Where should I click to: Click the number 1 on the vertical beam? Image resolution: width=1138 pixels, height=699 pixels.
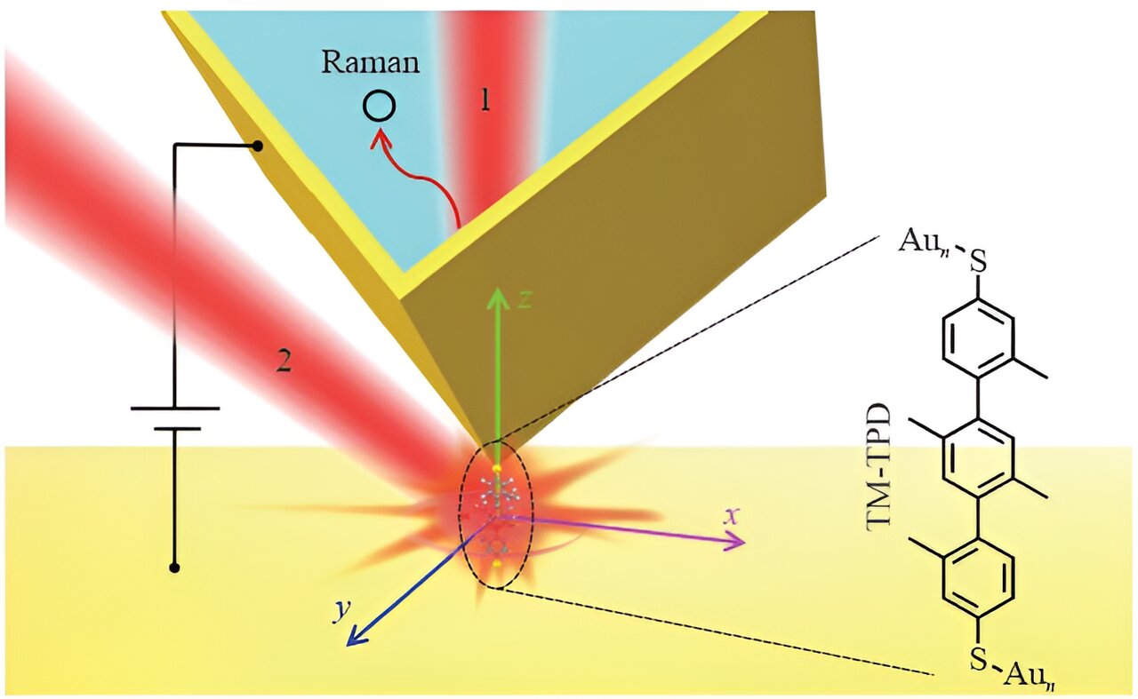tap(485, 101)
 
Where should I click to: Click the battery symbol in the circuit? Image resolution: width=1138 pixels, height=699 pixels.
tap(174, 418)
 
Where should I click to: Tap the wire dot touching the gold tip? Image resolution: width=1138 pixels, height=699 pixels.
tap(258, 147)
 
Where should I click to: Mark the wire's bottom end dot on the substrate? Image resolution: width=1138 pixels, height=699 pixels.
tap(175, 568)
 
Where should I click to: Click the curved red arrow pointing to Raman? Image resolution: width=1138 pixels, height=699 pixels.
tap(418, 173)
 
